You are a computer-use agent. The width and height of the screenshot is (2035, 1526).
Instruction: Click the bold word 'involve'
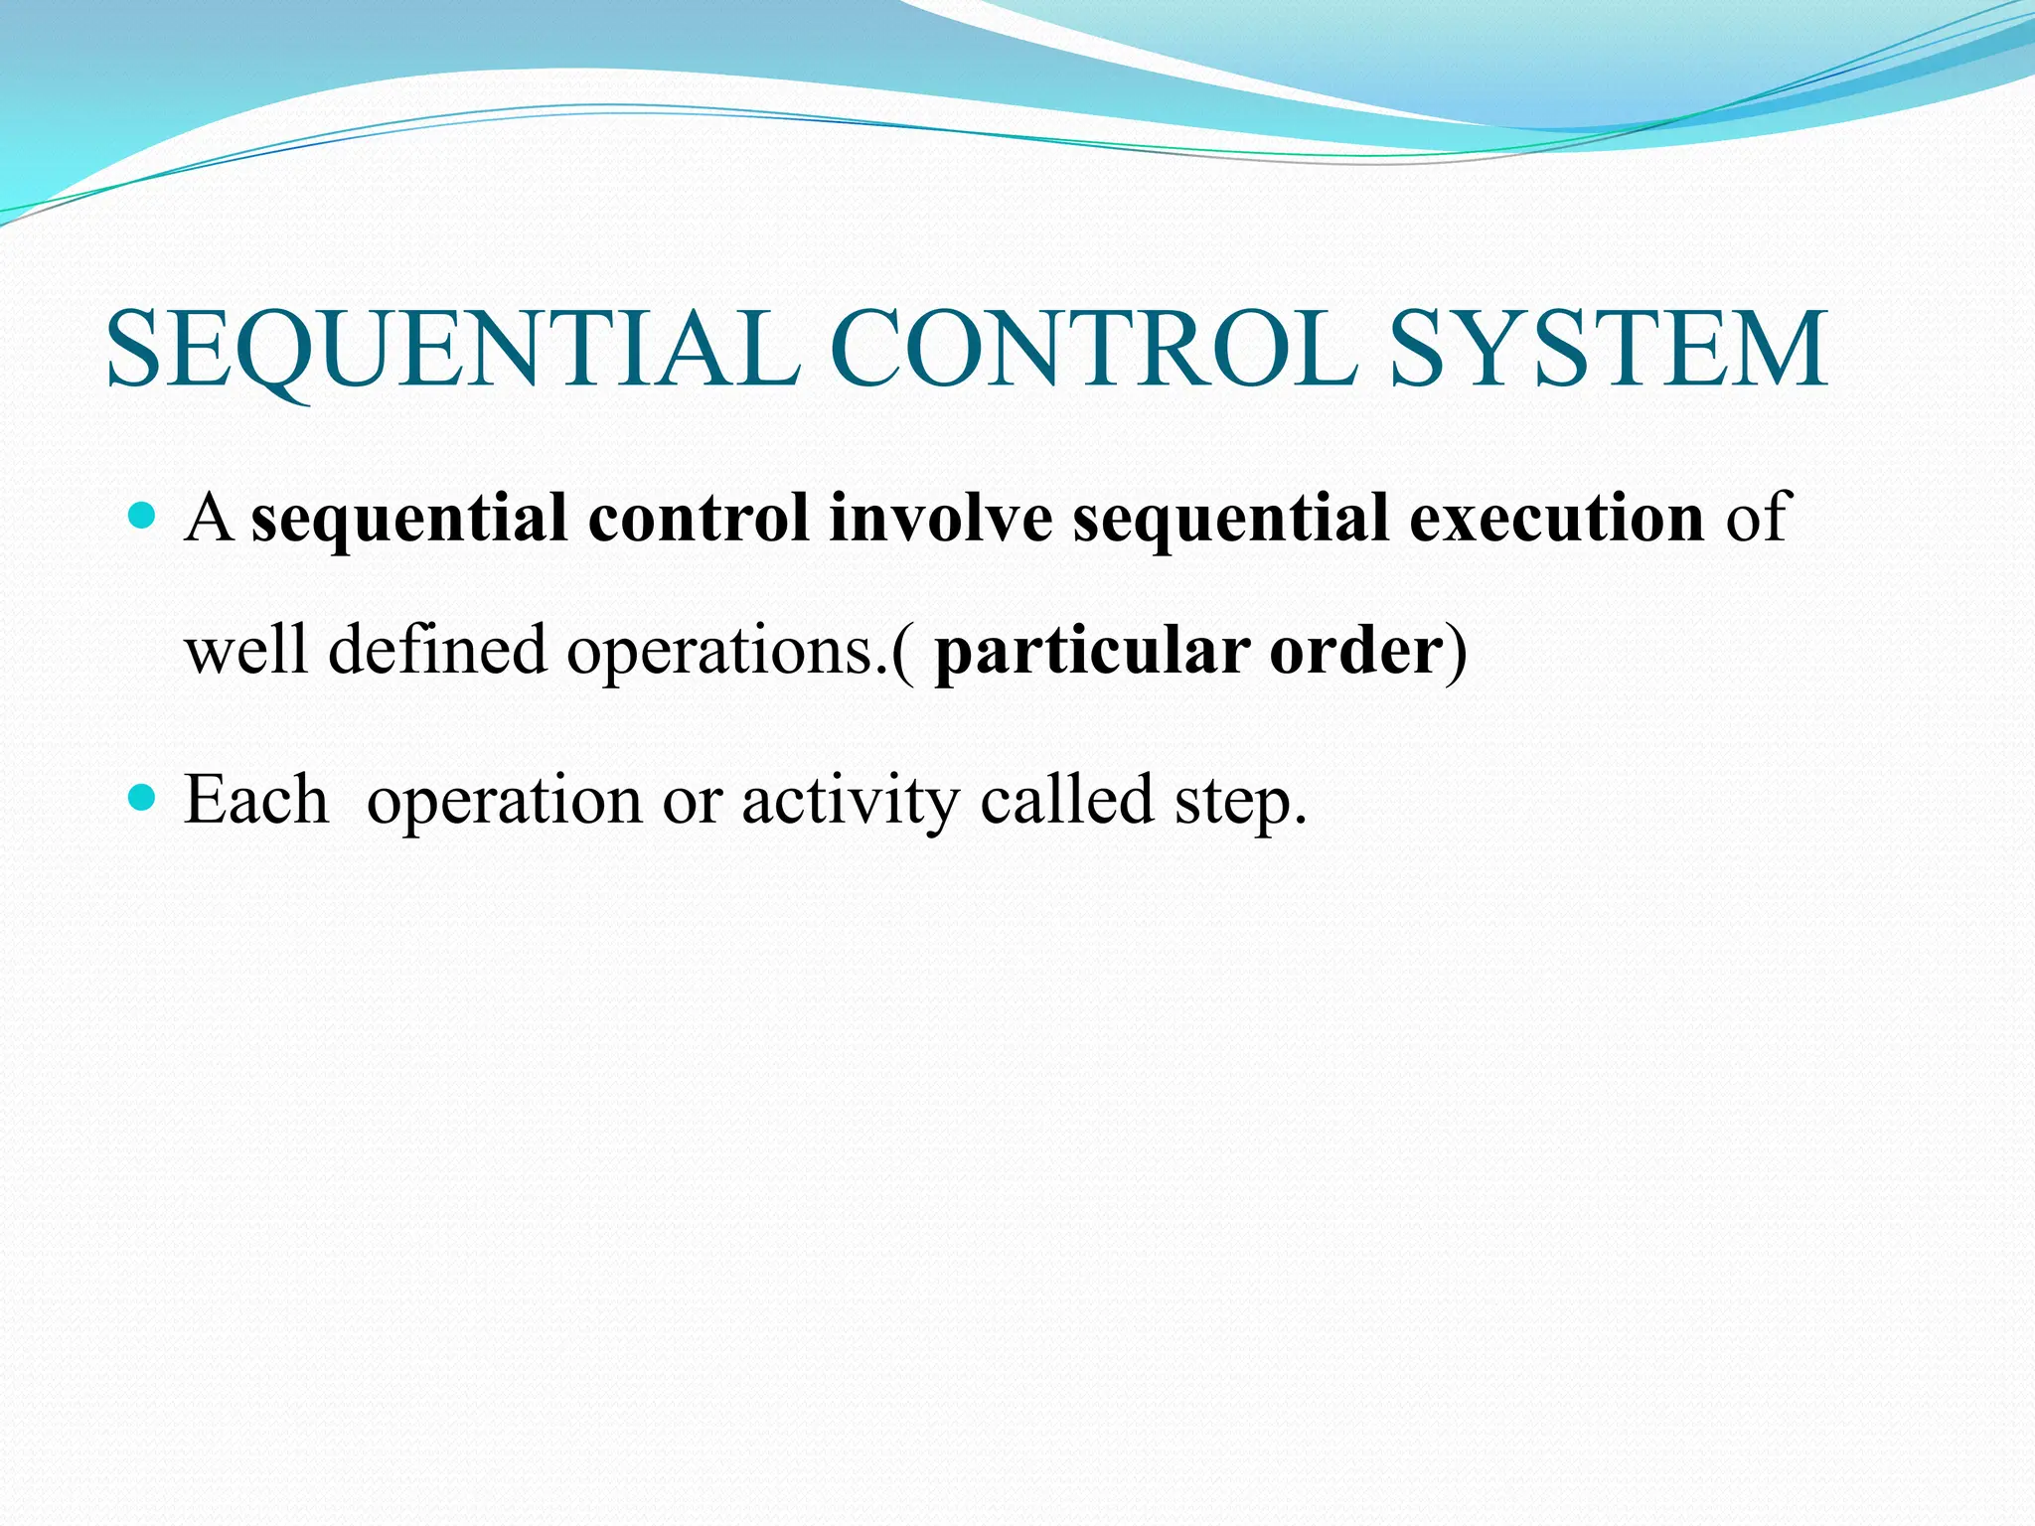pos(940,518)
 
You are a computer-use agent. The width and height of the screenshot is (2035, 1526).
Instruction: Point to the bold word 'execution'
pos(1557,518)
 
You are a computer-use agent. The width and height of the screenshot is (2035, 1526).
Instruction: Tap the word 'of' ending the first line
pos(1757,518)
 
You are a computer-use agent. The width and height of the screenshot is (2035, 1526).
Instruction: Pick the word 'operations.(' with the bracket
pos(741,652)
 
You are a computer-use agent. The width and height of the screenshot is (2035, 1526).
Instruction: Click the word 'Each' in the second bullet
pos(255,800)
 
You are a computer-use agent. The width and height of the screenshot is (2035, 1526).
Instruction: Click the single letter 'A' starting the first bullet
pos(209,518)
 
